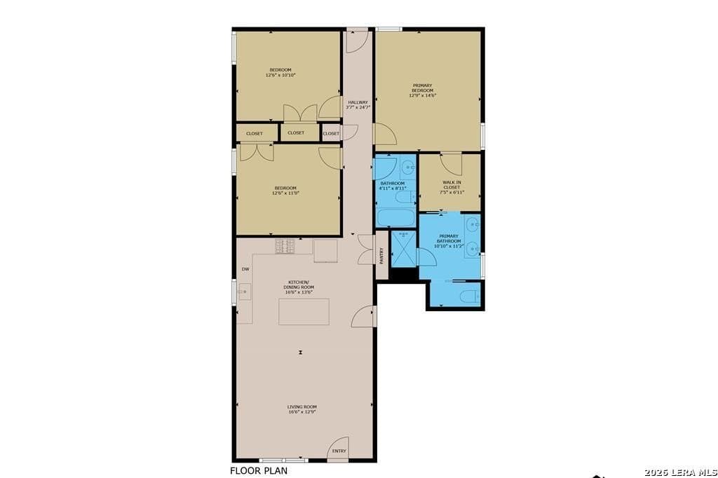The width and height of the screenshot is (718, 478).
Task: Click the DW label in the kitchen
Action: pos(245,269)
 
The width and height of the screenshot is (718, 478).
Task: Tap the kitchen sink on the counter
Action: pos(243,291)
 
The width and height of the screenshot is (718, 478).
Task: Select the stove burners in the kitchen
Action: pos(285,246)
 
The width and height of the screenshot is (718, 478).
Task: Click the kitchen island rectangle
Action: pos(304,311)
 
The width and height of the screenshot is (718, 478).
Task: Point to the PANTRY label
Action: pos(381,256)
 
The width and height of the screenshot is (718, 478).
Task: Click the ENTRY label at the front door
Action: pos(339,451)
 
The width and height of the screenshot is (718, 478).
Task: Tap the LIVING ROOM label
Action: pos(302,407)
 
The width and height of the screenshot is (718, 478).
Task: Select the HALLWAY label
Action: pos(358,102)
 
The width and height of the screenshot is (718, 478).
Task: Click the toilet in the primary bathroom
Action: pos(470,295)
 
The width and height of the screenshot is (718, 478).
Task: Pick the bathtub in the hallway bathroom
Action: pos(396,217)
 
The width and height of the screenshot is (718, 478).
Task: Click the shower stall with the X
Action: pos(404,249)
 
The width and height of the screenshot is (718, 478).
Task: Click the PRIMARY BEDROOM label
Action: pos(422,88)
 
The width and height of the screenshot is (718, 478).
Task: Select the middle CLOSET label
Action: pos(296,132)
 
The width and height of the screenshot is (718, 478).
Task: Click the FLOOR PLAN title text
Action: pos(259,471)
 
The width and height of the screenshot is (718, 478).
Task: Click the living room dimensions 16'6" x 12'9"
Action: pos(302,412)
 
